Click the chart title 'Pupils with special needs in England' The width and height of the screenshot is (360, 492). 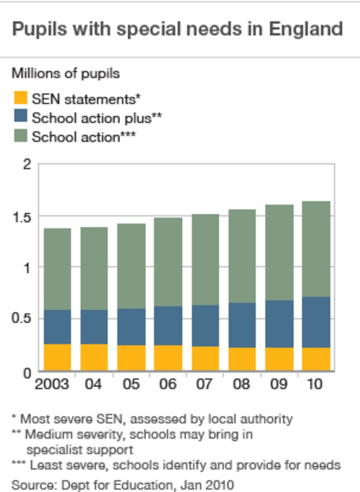pyautogui.click(x=177, y=29)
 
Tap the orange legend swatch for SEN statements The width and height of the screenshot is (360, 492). pyautogui.click(x=20, y=98)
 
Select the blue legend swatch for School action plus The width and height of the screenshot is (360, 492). pyautogui.click(x=20, y=117)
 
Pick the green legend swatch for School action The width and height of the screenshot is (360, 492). pyautogui.click(x=20, y=136)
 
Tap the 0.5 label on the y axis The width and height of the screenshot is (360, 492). pyautogui.click(x=22, y=319)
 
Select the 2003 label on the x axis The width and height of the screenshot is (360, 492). pyautogui.click(x=52, y=385)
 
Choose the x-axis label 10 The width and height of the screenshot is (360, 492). pyautogui.click(x=315, y=385)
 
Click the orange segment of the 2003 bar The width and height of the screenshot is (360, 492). pyautogui.click(x=57, y=357)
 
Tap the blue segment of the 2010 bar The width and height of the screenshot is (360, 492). pyautogui.click(x=316, y=322)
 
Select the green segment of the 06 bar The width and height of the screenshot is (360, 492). pyautogui.click(x=168, y=262)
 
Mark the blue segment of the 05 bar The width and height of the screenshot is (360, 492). pyautogui.click(x=131, y=327)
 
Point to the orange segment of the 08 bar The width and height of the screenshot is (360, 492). pyautogui.click(x=242, y=359)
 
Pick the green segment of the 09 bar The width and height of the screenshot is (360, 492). pyautogui.click(x=279, y=252)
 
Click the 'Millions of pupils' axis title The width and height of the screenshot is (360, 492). pyautogui.click(x=66, y=73)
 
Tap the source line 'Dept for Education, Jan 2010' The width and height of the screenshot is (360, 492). pyautogui.click(x=123, y=485)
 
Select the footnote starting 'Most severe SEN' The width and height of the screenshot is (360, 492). pyautogui.click(x=152, y=419)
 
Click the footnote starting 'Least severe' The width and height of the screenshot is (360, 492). pyautogui.click(x=175, y=465)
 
